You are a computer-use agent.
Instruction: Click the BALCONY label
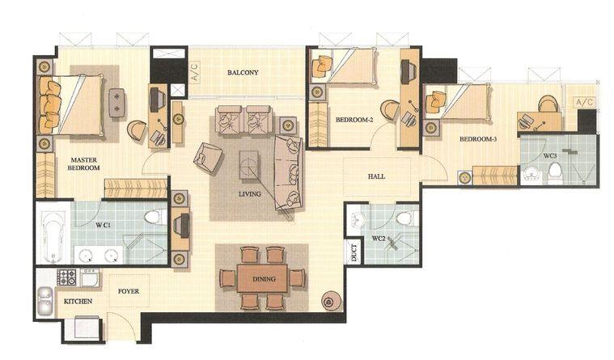(243, 73)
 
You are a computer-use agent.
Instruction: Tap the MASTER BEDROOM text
(84, 163)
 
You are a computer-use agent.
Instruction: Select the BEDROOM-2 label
(354, 120)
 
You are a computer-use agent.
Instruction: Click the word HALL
(376, 176)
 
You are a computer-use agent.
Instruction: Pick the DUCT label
(354, 253)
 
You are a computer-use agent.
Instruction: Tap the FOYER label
(129, 291)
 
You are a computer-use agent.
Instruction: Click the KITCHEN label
(78, 301)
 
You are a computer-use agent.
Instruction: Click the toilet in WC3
(554, 174)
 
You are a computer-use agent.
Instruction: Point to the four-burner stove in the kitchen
(67, 277)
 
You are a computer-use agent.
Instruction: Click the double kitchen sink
(45, 302)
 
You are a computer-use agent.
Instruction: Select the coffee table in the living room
(248, 165)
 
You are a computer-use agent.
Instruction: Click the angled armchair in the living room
(208, 157)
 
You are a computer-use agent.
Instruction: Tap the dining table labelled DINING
(262, 278)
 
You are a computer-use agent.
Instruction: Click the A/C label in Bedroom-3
(585, 103)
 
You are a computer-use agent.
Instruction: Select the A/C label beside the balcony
(195, 72)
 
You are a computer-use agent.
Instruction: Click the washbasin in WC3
(531, 174)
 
